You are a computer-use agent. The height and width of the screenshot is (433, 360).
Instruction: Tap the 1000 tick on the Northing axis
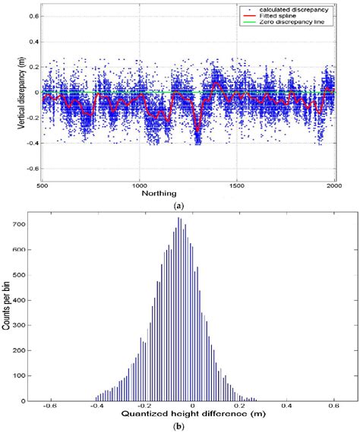139,185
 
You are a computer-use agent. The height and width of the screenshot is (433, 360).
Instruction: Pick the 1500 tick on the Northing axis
237,185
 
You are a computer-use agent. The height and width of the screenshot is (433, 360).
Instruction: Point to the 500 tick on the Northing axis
41,185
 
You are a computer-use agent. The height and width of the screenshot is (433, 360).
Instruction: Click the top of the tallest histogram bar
179,218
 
